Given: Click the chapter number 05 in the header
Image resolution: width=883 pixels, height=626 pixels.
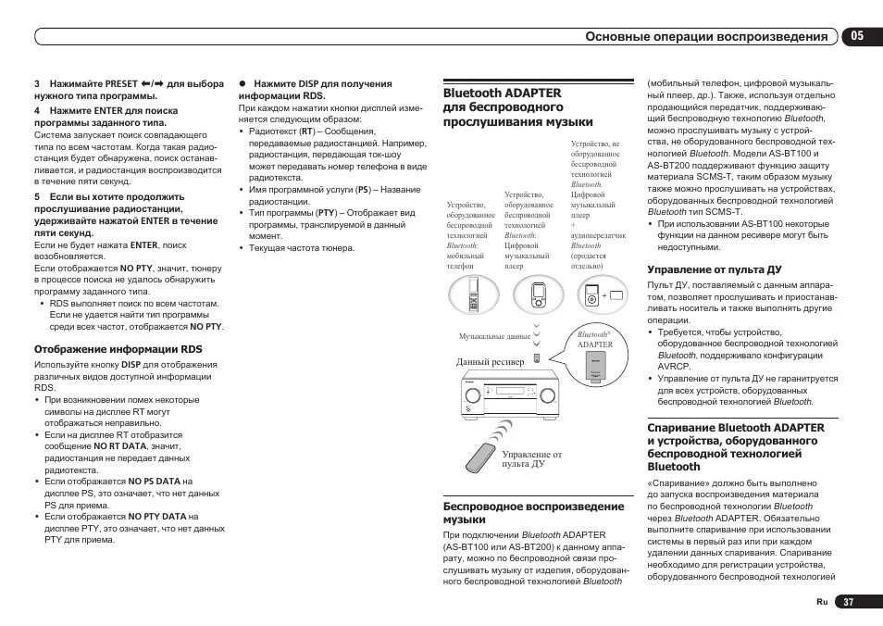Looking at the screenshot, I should coord(858,36).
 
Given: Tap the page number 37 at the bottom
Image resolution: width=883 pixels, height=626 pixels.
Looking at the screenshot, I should coord(848,601).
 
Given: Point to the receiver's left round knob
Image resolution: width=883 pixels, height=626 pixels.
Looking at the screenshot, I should coord(474,396).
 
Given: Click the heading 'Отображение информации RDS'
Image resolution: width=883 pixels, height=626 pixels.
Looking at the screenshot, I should coord(118,349).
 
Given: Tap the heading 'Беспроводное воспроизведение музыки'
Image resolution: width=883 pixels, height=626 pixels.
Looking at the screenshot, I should coord(533,513).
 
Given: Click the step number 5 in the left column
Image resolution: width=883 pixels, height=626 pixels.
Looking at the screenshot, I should coord(37,196).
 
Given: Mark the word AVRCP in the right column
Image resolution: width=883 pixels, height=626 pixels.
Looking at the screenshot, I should coord(674,367).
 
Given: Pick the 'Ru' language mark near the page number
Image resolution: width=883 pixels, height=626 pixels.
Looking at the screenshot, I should coord(821,602).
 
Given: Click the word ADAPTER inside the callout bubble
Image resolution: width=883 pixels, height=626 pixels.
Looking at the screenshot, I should coord(595,344).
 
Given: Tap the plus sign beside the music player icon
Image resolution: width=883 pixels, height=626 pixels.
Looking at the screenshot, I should coord(604,294).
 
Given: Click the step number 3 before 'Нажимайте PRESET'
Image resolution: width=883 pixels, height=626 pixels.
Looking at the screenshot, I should coord(37,83).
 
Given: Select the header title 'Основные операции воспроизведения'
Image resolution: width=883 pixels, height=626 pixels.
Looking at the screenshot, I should coord(707,37).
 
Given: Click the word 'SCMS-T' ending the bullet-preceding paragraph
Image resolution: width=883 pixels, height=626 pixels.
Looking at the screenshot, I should coord(725,212).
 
